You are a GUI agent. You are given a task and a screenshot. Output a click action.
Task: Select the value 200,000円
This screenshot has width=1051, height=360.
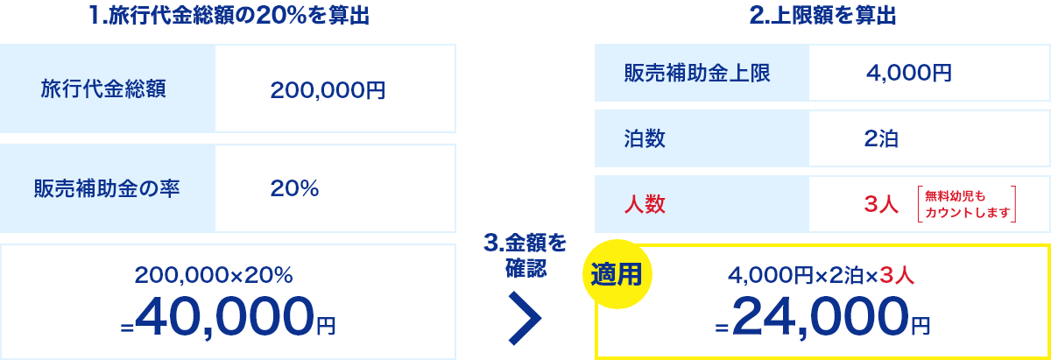(328, 89)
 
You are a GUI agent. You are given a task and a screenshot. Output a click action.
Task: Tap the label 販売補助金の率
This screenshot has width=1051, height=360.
(107, 188)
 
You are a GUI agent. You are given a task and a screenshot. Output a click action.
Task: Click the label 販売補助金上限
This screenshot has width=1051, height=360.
(697, 74)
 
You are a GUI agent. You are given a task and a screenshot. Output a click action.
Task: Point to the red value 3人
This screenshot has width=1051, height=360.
(881, 205)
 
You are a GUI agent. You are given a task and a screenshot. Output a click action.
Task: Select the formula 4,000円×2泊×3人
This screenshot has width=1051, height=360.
(821, 276)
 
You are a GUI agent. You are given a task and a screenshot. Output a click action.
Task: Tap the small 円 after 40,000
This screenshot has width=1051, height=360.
(326, 326)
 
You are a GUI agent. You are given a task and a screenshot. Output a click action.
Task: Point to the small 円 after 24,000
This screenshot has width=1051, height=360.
(920, 326)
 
